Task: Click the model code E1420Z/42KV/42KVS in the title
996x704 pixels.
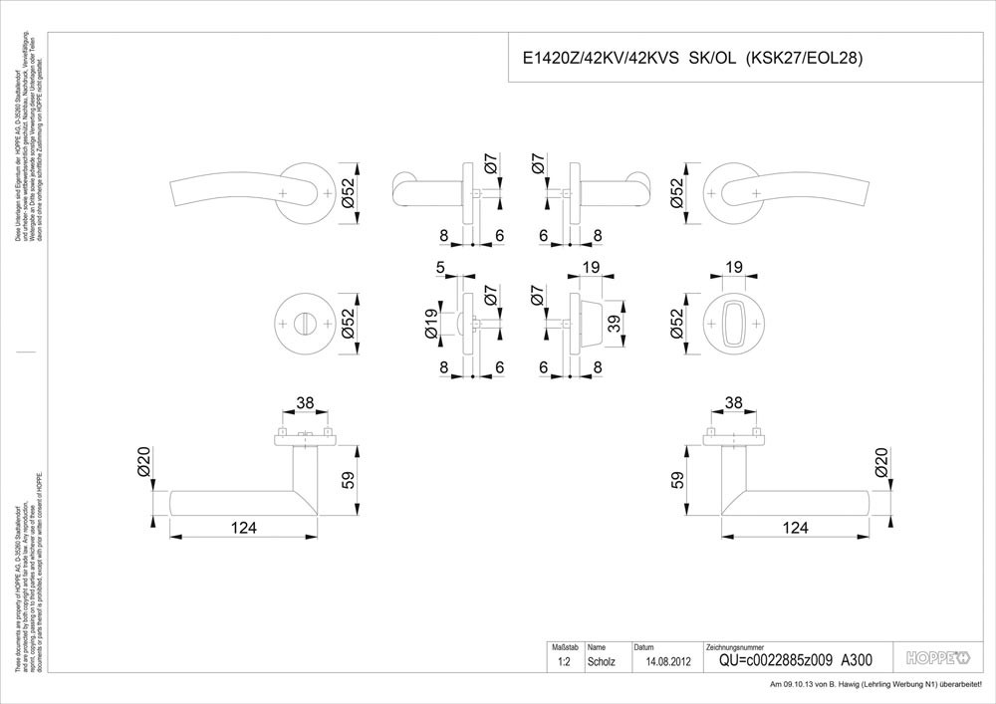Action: pos(592,58)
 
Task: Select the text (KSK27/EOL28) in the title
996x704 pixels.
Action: pos(804,58)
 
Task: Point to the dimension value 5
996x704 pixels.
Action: pos(439,268)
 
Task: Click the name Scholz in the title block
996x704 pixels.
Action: pos(603,661)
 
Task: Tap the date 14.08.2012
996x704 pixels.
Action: pos(667,661)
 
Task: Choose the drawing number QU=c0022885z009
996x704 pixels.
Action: pos(773,660)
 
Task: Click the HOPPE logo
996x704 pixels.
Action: pos(937,657)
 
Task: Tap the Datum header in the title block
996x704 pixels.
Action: pos(644,647)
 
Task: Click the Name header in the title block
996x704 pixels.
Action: pos(598,647)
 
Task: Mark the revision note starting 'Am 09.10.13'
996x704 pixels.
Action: pos(876,685)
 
